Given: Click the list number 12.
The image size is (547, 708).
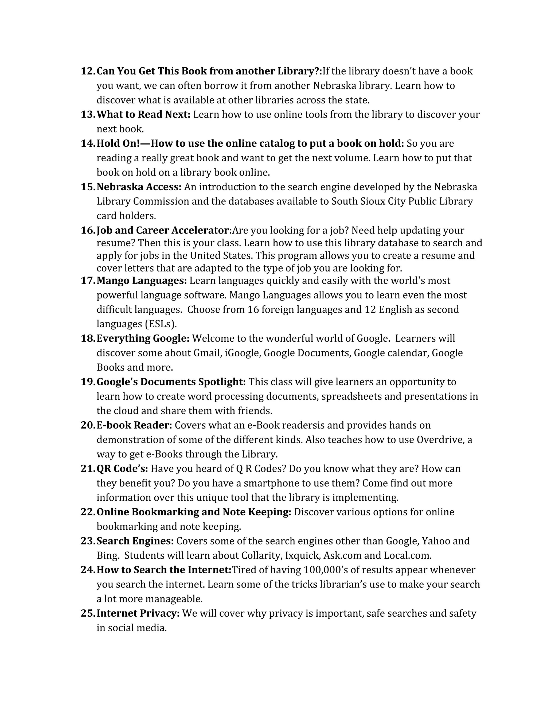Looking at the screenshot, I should [88, 71].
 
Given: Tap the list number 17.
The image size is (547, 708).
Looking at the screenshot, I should [88, 281].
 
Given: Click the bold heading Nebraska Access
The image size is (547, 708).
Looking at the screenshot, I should [139, 187].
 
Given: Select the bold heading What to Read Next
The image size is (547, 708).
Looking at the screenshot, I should [143, 114].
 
